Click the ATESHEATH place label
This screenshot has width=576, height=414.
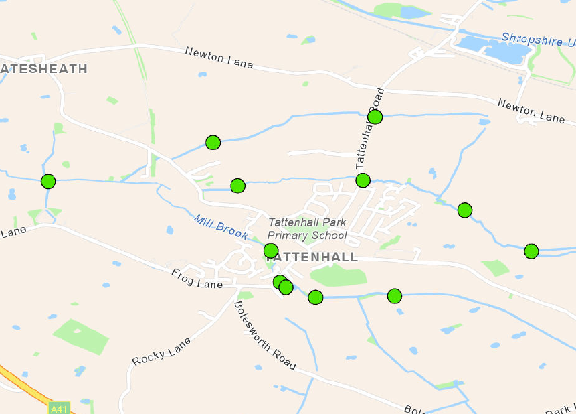[44, 68]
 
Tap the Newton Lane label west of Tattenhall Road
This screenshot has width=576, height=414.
[219, 58]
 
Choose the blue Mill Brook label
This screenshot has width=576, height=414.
[221, 226]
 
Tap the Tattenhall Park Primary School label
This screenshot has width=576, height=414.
[307, 228]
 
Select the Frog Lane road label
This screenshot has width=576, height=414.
[197, 279]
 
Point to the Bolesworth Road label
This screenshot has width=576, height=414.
[265, 335]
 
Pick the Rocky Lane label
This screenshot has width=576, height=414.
[161, 351]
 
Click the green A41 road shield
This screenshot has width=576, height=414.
[59, 407]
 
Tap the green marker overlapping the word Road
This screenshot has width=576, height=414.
[375, 117]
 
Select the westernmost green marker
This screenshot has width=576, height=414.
[48, 181]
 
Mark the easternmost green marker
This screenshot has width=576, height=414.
[531, 251]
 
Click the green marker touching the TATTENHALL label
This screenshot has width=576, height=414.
[271, 251]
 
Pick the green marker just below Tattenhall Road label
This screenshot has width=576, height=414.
[363, 180]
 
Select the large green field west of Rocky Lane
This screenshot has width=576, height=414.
[82, 336]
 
